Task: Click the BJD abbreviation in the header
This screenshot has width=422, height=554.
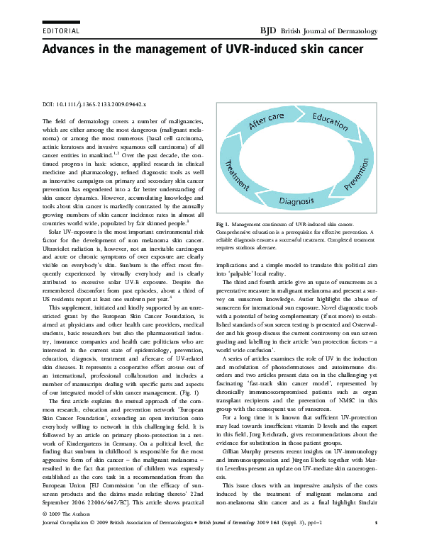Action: pyautogui.click(x=270, y=31)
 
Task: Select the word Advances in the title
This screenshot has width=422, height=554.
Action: pyautogui.click(x=74, y=50)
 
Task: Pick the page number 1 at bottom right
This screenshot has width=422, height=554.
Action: pyautogui.click(x=374, y=541)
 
